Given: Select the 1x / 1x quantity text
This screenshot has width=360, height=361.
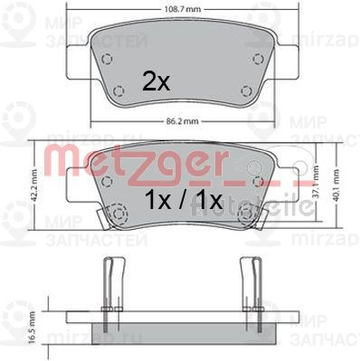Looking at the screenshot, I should tap(180, 197).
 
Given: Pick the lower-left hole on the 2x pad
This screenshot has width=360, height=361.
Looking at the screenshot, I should tap(120, 89).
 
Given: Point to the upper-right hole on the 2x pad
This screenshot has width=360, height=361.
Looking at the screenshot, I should tap(258, 61).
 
